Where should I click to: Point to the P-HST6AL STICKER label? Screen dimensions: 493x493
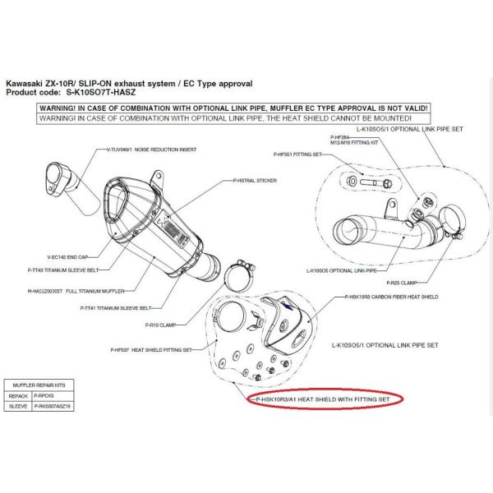point(250,180)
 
